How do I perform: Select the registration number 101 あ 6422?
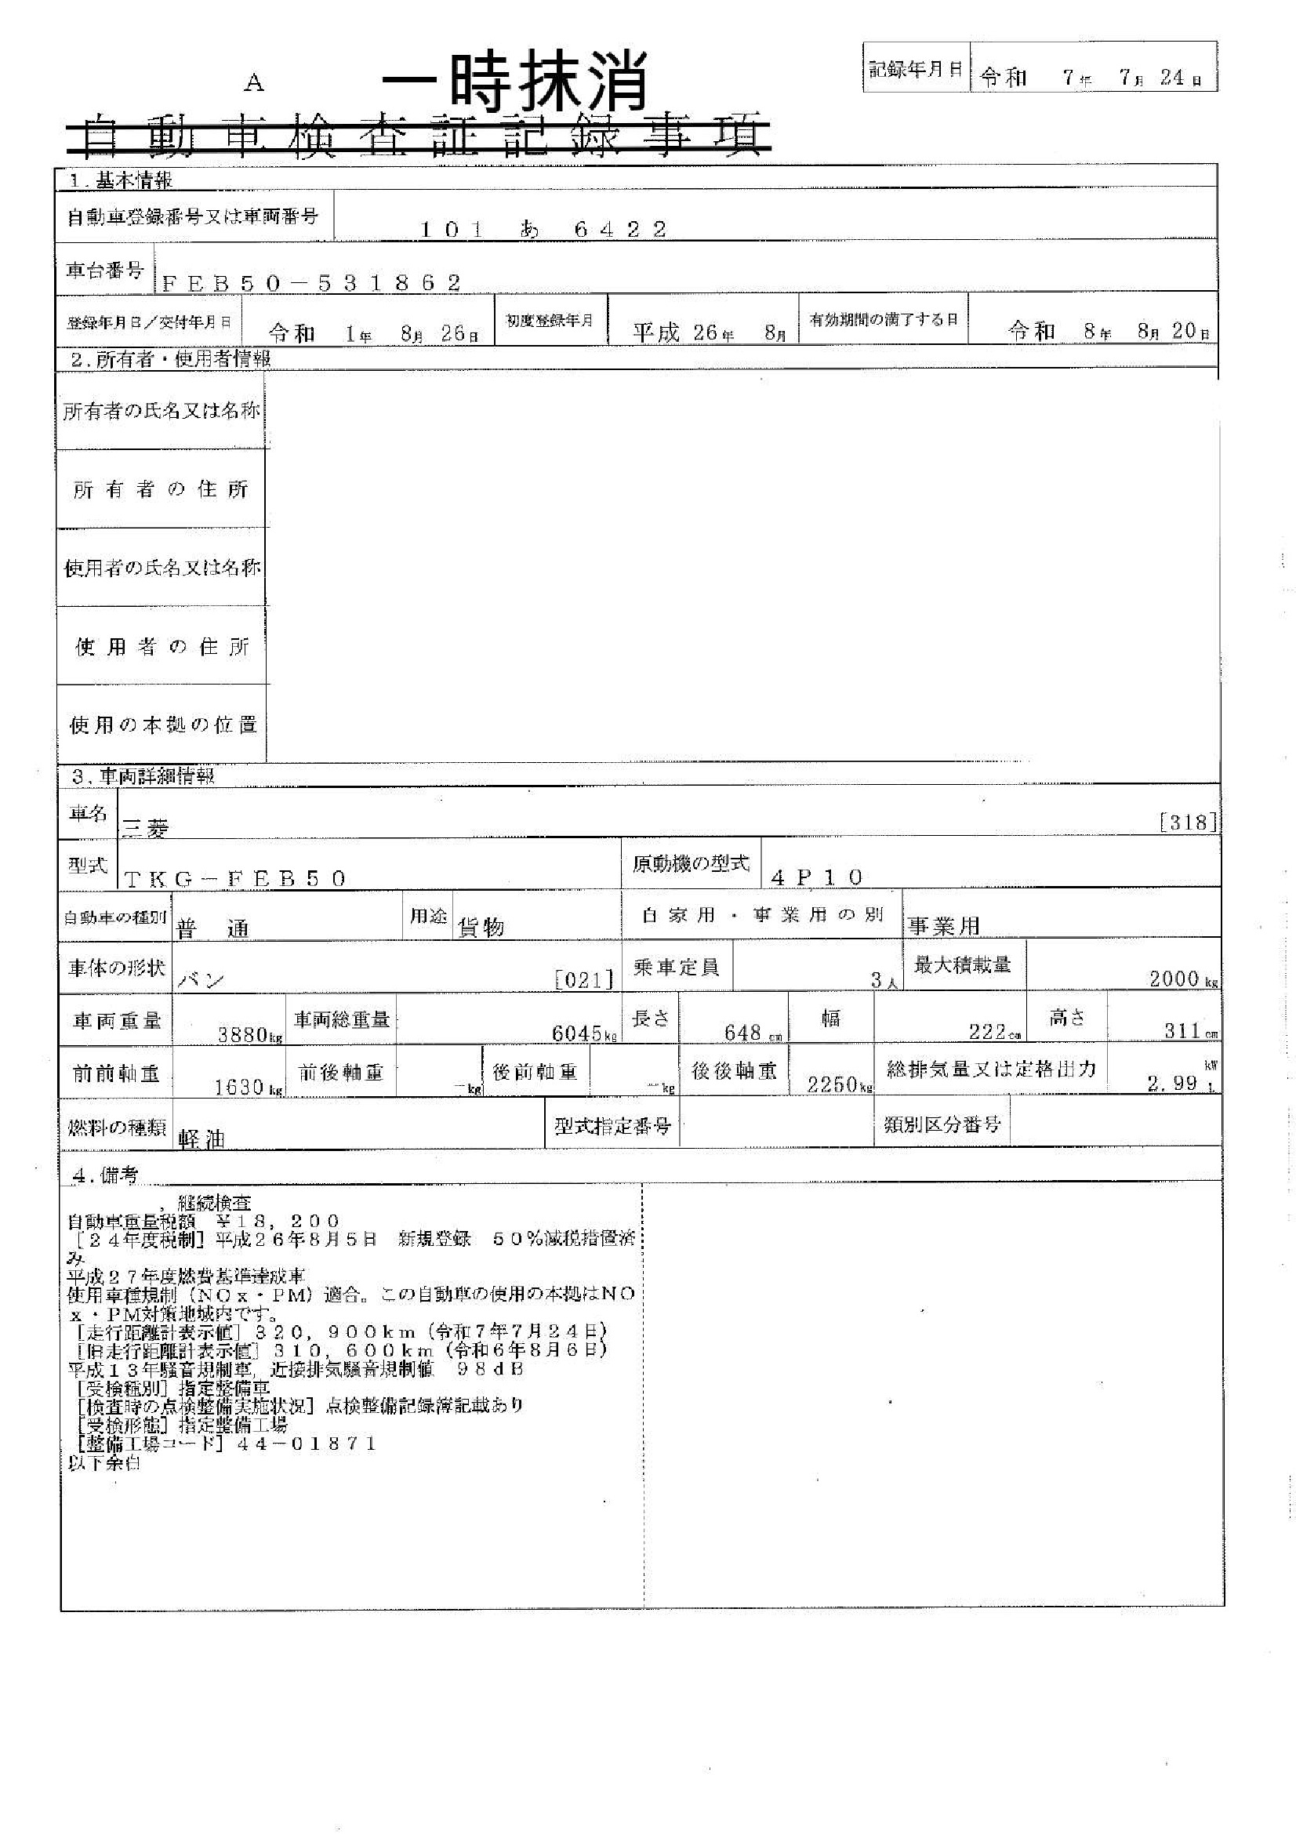click(x=543, y=230)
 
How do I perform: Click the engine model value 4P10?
click(x=817, y=877)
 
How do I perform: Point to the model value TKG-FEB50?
click(x=235, y=879)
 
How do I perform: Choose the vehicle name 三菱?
click(x=144, y=829)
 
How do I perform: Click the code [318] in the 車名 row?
click(x=1187, y=823)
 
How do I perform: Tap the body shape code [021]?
click(x=586, y=979)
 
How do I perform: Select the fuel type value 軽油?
click(x=201, y=1140)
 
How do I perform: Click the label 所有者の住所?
click(x=161, y=488)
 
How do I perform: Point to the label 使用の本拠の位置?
click(x=162, y=725)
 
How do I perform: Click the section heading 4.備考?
click(x=104, y=1175)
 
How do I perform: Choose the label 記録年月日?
click(x=915, y=69)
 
